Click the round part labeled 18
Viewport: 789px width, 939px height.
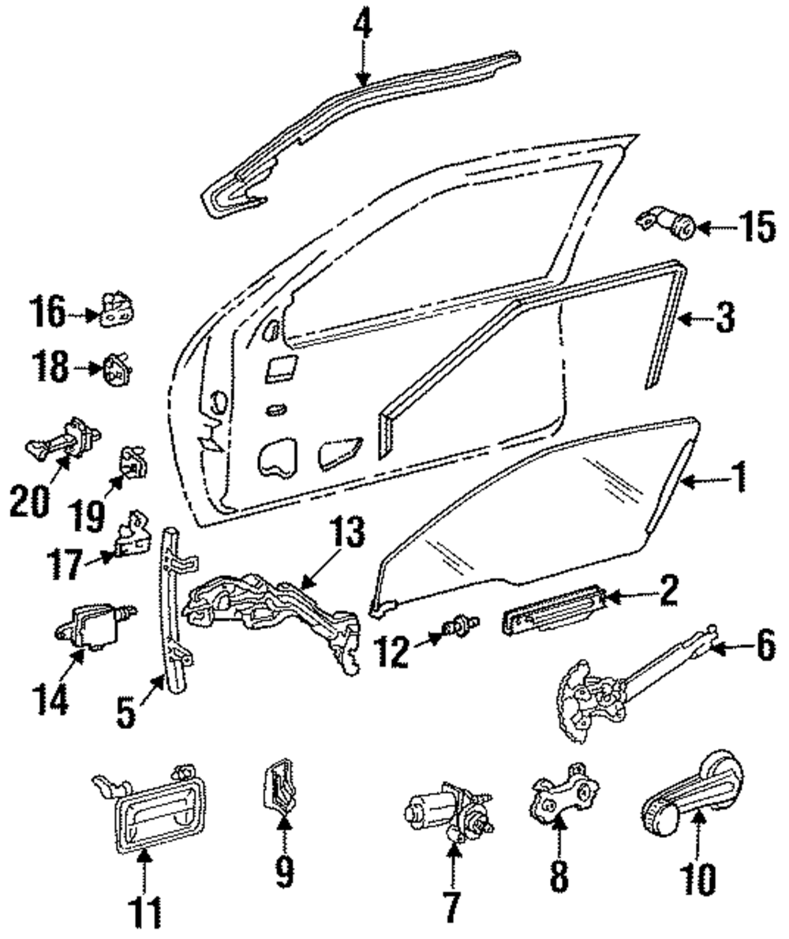point(117,369)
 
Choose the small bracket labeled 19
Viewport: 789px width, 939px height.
point(133,465)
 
